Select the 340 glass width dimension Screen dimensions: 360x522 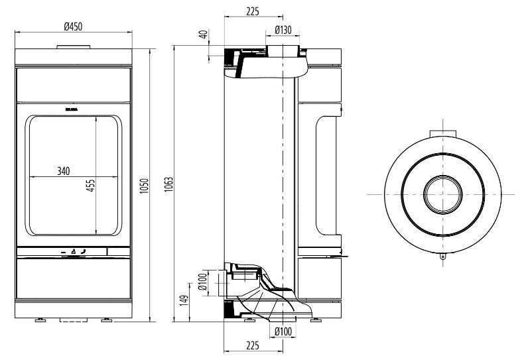coord(63,171)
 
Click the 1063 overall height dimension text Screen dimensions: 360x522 coord(168,184)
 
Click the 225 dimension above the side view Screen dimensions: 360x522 coord(251,11)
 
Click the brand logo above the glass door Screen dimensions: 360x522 coord(72,107)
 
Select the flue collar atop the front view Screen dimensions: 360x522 coord(74,46)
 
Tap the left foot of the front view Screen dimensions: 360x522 coord(40,321)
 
